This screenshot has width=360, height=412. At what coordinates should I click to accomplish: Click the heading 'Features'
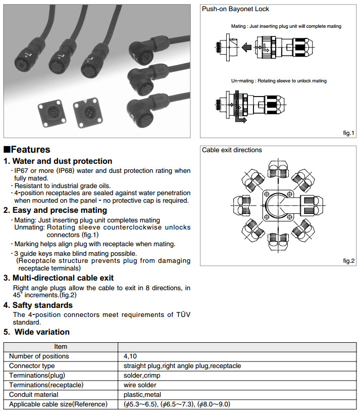tap(30, 150)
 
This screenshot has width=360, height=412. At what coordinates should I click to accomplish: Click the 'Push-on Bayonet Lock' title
tap(235, 9)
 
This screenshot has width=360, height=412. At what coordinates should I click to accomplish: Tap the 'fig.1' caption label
tap(349, 133)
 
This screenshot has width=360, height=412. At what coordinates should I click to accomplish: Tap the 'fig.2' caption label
tap(349, 260)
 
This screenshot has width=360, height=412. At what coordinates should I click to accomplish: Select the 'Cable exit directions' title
tap(232, 150)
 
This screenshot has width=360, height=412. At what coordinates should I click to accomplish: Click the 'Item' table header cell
tap(61, 347)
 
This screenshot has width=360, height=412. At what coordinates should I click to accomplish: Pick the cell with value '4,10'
tap(131, 356)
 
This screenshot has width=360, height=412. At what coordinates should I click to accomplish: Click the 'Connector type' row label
tap(32, 366)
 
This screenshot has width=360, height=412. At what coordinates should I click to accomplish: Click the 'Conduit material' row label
tap(34, 395)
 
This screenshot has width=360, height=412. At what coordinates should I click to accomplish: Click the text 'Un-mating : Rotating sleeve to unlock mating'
tap(279, 81)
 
